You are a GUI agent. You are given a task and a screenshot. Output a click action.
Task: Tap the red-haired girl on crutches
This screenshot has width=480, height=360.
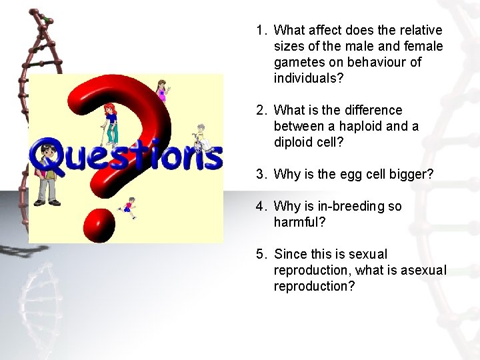111,123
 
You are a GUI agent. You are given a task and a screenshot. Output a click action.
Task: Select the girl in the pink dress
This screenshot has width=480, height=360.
161,90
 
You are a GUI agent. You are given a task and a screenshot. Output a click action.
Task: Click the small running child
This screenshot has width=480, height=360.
129,208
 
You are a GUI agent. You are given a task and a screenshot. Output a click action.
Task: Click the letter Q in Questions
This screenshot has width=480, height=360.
47,155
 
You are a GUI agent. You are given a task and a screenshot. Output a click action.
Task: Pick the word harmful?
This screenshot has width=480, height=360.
300,222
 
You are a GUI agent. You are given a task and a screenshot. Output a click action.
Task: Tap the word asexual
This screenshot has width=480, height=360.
424,270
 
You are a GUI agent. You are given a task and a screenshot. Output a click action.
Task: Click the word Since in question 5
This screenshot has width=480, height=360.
292,254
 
